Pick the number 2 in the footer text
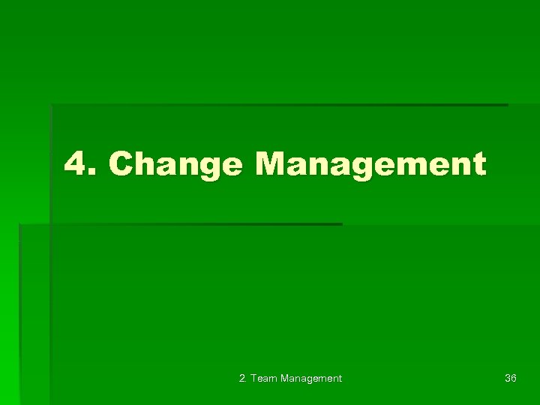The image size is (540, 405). [x=241, y=379]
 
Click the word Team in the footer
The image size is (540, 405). [x=263, y=379]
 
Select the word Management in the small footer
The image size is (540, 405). [x=310, y=379]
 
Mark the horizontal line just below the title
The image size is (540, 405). [x=180, y=224]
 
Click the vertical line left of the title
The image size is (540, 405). [x=51, y=165]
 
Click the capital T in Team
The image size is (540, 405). [x=253, y=379]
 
